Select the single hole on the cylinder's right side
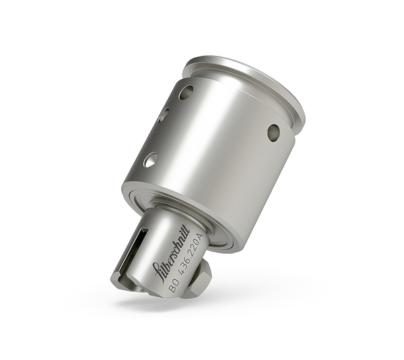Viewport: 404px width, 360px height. pos(273,132)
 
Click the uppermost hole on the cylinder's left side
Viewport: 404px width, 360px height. pos(186,92)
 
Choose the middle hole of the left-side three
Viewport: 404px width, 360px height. pos(164,115)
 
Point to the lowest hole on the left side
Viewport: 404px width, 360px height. pos(150,159)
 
